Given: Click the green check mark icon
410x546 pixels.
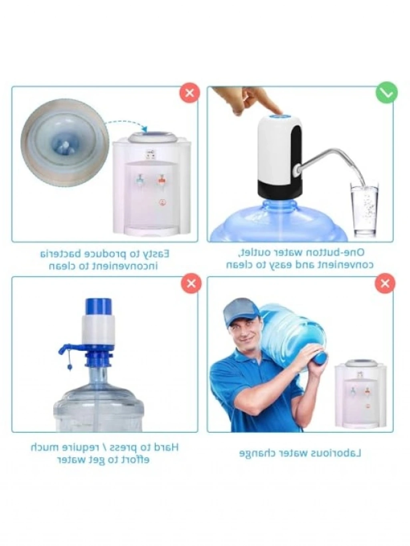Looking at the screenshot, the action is pyautogui.click(x=387, y=92).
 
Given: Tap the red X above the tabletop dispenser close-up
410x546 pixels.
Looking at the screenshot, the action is pyautogui.click(x=190, y=93).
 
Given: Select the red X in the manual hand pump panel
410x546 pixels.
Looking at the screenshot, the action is pyautogui.click(x=191, y=283).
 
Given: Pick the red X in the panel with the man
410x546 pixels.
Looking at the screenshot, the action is pyautogui.click(x=385, y=283).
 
